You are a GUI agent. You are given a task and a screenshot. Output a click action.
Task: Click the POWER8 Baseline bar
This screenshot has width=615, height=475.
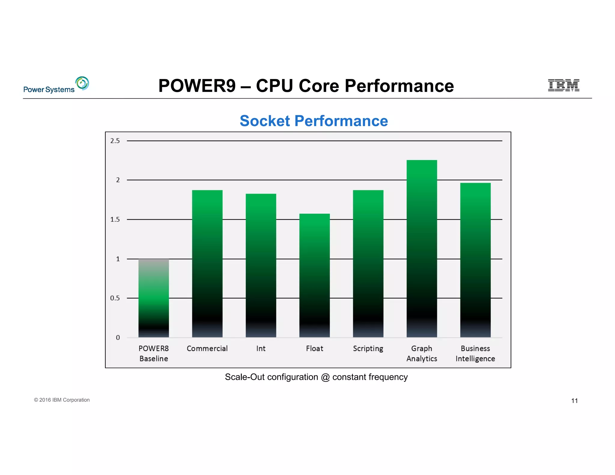point(153,298)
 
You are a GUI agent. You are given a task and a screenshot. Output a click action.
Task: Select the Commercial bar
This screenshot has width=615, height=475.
point(207,264)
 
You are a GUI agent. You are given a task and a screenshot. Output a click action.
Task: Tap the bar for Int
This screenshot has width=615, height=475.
point(261,265)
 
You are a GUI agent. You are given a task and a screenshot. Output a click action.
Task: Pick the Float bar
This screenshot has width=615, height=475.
point(314,275)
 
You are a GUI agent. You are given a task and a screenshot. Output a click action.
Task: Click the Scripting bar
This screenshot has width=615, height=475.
point(368,264)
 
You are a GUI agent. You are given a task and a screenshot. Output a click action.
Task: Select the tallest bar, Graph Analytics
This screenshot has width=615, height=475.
point(422,249)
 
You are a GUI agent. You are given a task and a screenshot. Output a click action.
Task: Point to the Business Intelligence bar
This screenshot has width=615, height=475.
point(475,260)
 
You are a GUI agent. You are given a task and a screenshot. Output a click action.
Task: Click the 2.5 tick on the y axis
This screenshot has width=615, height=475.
point(115,141)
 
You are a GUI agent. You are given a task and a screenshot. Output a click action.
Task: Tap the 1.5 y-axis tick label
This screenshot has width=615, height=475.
point(115,219)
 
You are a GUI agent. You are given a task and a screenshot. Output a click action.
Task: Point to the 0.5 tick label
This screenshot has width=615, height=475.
point(115,298)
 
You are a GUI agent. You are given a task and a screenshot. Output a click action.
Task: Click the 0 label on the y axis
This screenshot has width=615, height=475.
point(118,337)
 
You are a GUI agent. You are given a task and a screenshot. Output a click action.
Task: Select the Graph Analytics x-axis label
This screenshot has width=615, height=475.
point(422,353)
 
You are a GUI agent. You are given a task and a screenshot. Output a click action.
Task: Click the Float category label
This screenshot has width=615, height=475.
point(314,349)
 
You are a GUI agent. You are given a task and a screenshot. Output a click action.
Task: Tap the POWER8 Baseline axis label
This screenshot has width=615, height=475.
point(153,353)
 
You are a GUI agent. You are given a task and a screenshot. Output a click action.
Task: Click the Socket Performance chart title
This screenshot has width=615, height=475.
point(314,121)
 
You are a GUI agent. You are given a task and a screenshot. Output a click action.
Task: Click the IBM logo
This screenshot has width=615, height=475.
point(563,85)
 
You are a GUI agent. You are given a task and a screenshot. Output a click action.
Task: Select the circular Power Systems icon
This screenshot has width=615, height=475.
point(82,83)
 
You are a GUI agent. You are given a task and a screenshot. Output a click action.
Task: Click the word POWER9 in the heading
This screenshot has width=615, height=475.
point(197,86)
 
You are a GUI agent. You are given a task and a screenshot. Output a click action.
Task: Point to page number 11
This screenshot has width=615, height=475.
point(574,401)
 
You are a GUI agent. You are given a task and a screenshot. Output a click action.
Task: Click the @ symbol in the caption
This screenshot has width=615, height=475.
point(325,377)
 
